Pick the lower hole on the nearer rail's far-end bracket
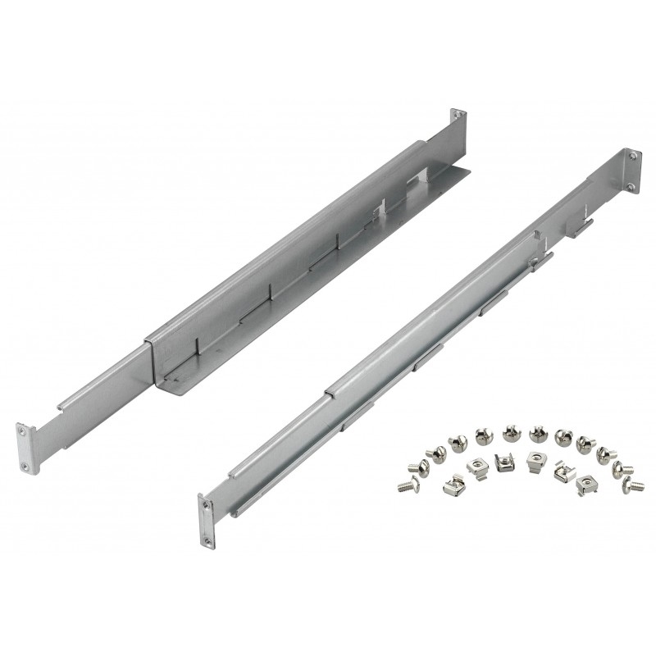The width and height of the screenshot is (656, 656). coord(630,187)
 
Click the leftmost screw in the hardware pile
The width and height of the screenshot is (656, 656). coord(403,485)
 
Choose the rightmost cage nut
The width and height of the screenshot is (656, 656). coord(588,484)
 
